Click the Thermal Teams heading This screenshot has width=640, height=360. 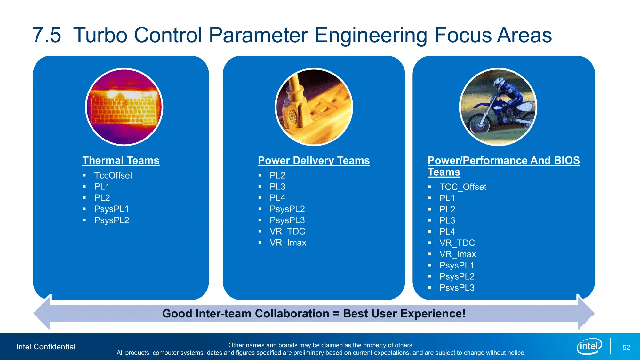[x=121, y=160]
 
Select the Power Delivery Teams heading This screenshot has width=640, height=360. [x=314, y=160]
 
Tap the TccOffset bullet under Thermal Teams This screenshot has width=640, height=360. [x=113, y=175]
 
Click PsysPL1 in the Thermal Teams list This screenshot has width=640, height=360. [x=111, y=209]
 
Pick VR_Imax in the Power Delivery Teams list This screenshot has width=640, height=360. [x=288, y=243]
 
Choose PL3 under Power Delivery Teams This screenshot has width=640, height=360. [x=277, y=187]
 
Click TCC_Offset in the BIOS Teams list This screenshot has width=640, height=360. [x=463, y=187]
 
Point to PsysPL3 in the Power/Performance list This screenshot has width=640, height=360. [x=457, y=288]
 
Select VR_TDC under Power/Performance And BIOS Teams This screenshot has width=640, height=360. [x=457, y=243]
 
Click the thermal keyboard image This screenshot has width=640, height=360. [x=124, y=107]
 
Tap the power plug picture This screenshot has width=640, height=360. [x=314, y=107]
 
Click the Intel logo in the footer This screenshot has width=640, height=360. [x=589, y=346]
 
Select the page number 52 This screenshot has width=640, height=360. [x=626, y=348]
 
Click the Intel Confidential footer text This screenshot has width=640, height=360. [x=46, y=347]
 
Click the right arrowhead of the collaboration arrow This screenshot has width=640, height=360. [x=586, y=312]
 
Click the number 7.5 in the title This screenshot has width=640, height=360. [x=47, y=35]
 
